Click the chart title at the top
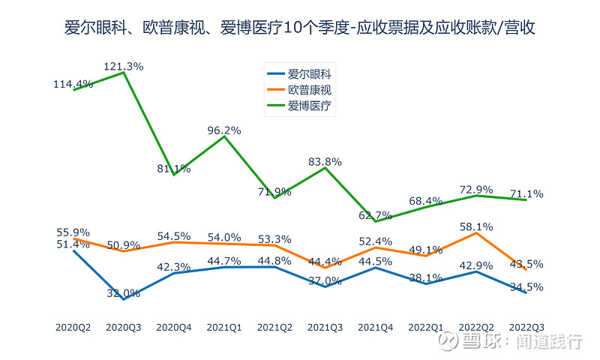pyautogui.click(x=299, y=28)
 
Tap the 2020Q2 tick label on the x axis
pyautogui.click(x=73, y=328)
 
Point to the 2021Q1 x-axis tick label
pyautogui.click(x=224, y=328)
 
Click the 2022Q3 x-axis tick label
pyautogui.click(x=526, y=328)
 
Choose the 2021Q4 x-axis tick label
pyautogui.click(x=375, y=328)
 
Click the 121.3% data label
pyautogui.click(x=124, y=66)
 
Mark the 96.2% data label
pyautogui.click(x=224, y=130)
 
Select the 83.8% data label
pyautogui.click(x=325, y=161)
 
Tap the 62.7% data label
pyautogui.click(x=375, y=216)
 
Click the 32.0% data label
pyautogui.click(x=124, y=293)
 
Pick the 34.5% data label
pyautogui.click(x=526, y=287)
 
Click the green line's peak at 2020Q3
pyautogui.click(x=124, y=72)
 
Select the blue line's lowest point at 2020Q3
pyautogui.click(x=124, y=299)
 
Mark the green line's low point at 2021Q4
pyautogui.click(x=375, y=221)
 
